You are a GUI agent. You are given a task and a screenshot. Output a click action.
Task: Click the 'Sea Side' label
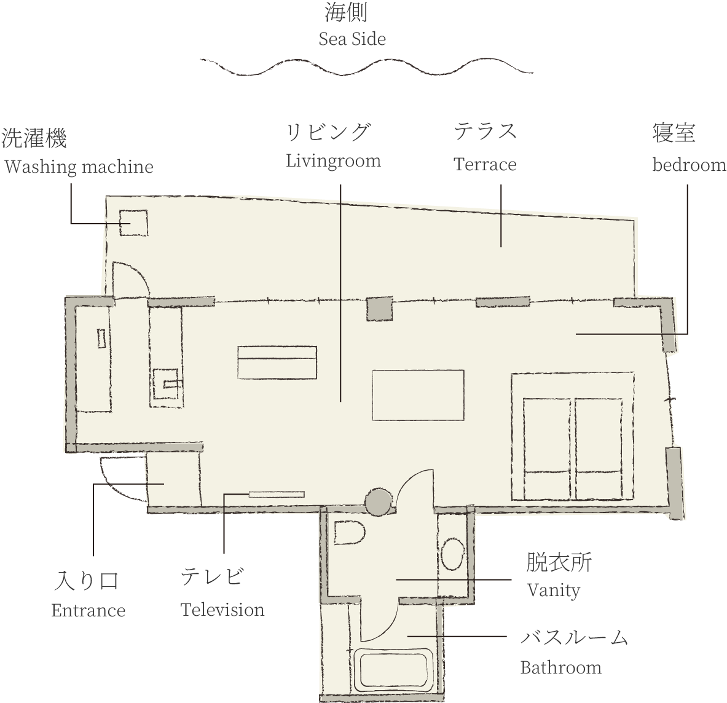click(352, 39)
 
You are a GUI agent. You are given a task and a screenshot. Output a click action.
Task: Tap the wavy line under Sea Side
click(366, 67)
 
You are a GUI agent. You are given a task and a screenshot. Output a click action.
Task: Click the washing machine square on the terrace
click(133, 222)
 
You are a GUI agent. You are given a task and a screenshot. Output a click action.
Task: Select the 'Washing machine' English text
click(79, 167)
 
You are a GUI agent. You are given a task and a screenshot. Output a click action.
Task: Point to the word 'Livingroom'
click(333, 161)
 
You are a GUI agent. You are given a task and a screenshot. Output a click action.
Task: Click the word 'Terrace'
click(485, 164)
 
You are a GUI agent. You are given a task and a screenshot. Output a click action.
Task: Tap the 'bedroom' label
click(689, 165)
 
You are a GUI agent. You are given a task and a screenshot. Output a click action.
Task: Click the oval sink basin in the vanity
click(452, 554)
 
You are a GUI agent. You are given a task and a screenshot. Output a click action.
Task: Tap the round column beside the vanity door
click(378, 502)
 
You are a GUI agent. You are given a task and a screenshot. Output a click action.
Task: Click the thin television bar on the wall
click(277, 494)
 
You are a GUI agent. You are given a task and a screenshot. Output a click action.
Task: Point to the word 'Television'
click(222, 610)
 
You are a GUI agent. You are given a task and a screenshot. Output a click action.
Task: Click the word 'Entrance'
click(88, 610)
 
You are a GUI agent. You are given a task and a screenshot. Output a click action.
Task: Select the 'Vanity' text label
click(554, 591)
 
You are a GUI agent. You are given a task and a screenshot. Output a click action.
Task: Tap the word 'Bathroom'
click(561, 668)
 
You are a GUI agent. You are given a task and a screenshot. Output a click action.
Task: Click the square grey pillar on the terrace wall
click(380, 308)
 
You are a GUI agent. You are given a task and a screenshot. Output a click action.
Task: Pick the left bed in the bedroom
click(548, 449)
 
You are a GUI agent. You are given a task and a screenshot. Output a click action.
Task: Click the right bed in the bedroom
click(599, 449)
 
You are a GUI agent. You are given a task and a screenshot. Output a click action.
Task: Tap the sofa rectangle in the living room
click(277, 363)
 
